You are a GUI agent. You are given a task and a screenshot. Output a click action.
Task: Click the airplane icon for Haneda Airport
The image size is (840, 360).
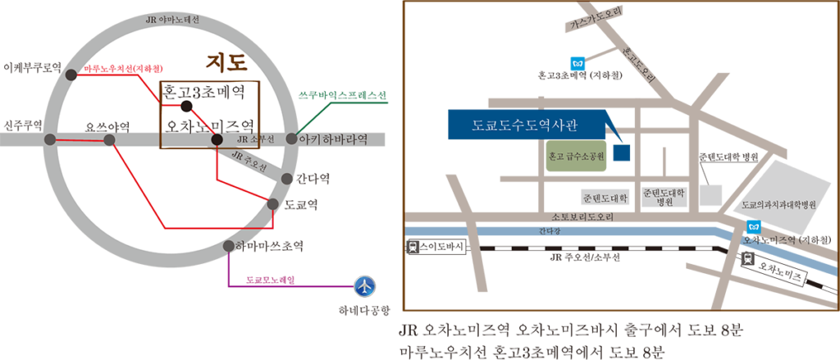point(365,285)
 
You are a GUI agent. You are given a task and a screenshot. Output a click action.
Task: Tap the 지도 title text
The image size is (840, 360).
point(226,62)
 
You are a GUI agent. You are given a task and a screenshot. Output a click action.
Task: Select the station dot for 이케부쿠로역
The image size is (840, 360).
point(71,75)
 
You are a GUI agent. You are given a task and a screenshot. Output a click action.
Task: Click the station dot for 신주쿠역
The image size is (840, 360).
point(49,140)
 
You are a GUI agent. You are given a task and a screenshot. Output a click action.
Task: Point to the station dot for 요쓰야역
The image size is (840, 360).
point(109,140)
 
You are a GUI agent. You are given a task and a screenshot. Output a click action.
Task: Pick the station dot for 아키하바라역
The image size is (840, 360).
point(291,139)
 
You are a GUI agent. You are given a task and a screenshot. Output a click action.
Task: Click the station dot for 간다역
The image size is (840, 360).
point(286,179)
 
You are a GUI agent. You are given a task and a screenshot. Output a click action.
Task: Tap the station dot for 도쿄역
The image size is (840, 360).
point(273,204)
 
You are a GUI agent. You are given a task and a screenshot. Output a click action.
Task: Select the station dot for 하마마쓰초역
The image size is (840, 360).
point(229,247)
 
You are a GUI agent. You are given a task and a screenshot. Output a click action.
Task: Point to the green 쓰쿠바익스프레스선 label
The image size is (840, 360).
point(342,96)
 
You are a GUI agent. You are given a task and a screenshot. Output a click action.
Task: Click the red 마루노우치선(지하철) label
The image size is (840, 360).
point(124,69)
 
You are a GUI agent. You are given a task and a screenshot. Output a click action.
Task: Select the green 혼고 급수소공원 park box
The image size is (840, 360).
point(576,157)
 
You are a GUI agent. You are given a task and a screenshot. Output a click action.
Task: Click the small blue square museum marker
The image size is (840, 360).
point(622,153)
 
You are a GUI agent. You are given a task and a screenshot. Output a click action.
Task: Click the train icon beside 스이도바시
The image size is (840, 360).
point(413,247)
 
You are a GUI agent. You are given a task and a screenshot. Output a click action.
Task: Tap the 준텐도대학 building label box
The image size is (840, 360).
point(605,198)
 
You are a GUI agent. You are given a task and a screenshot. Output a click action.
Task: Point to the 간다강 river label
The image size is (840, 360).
point(549,231)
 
